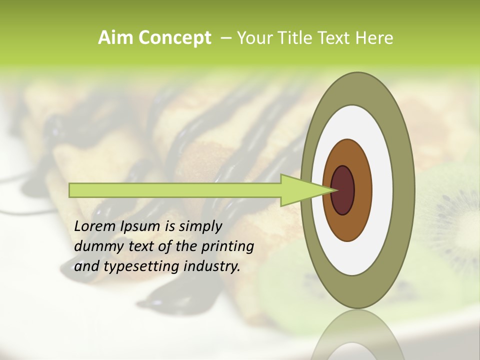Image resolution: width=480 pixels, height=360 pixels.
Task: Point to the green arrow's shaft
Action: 175,190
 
